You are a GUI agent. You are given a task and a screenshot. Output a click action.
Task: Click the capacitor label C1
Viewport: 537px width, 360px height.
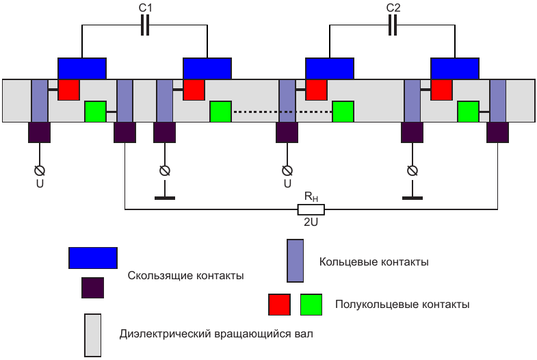coord(144,8)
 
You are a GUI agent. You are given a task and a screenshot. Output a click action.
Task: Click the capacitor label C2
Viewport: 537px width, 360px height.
coord(393,8)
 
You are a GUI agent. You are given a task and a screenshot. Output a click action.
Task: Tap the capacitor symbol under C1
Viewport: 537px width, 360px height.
coord(144,25)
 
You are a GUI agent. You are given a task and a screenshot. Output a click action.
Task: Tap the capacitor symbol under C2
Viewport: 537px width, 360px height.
coord(393,25)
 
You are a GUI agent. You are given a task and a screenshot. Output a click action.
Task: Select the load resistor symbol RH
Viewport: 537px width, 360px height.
coord(311,209)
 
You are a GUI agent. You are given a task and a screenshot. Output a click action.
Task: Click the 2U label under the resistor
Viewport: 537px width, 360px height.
coord(311,222)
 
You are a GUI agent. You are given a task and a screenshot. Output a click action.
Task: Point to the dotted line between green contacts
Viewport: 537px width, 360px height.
coord(282,112)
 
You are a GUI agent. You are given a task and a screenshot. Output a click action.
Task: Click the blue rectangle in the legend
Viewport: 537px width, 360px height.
coord(93,257)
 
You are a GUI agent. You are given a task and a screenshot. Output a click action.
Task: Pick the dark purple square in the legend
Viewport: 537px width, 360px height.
coord(92,288)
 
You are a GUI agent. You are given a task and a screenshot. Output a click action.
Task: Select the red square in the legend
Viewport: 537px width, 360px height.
coord(279,305)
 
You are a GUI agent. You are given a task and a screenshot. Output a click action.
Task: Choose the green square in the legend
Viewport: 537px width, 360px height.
coord(311,305)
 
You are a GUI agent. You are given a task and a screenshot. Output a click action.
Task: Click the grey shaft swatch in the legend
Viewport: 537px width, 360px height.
coord(92,335)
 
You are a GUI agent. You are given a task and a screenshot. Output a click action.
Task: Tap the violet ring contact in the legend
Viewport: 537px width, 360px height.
coord(296,261)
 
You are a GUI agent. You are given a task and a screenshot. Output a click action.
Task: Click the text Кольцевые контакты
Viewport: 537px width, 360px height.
coord(374,261)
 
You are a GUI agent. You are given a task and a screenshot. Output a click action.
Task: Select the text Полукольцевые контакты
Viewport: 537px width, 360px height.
coord(402,304)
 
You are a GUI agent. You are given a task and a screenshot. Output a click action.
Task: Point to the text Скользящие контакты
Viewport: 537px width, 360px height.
coord(185,275)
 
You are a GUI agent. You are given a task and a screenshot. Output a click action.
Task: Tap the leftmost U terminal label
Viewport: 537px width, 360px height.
coord(40,183)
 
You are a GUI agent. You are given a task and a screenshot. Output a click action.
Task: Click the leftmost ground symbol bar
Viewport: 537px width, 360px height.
coord(164,198)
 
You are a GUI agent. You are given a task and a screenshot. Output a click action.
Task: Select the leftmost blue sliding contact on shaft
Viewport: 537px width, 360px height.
coord(81,68)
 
